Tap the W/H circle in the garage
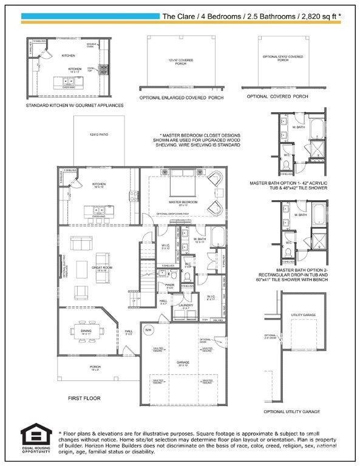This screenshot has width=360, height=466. [148, 329]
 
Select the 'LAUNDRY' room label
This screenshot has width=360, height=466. [186, 305]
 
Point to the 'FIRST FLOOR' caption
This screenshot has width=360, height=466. [84, 398]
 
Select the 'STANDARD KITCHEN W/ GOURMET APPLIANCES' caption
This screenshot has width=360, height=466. [75, 105]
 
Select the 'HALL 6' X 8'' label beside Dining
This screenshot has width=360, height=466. [129, 333]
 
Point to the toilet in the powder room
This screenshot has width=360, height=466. [188, 279]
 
